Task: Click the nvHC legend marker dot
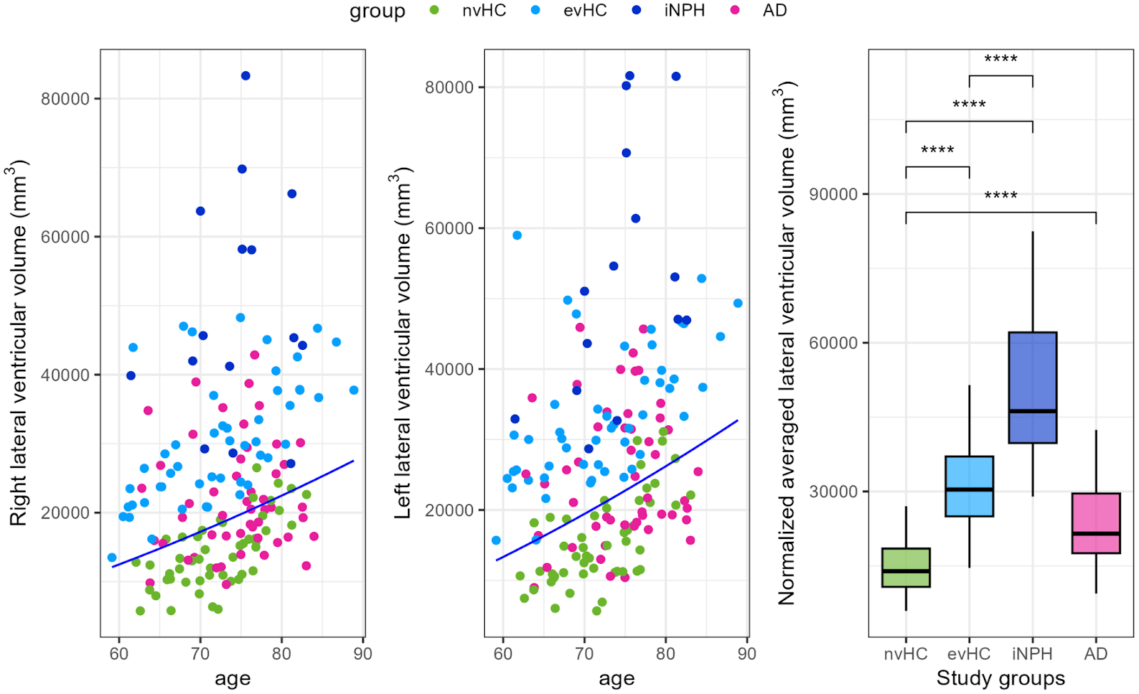[x=434, y=11]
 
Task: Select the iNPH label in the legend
[x=684, y=11]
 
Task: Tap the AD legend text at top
[x=775, y=11]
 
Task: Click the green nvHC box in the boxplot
[x=906, y=567]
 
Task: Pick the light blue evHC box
[x=969, y=486]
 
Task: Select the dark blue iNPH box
[x=1032, y=388]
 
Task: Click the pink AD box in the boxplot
[x=1096, y=523]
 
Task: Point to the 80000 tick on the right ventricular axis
[x=65, y=99]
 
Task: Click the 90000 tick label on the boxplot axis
[x=834, y=194]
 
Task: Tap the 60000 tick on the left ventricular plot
[x=449, y=228]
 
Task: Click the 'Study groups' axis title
[x=1000, y=678]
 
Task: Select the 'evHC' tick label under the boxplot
[x=969, y=653]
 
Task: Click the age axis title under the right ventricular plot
[x=232, y=678]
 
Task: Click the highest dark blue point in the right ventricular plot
[x=246, y=76]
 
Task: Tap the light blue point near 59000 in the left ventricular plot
[x=517, y=235]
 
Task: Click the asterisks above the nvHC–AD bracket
[x=1000, y=196]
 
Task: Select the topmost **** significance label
[x=1000, y=59]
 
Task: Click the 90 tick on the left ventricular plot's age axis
[x=747, y=653]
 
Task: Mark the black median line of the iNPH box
[x=1032, y=411]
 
